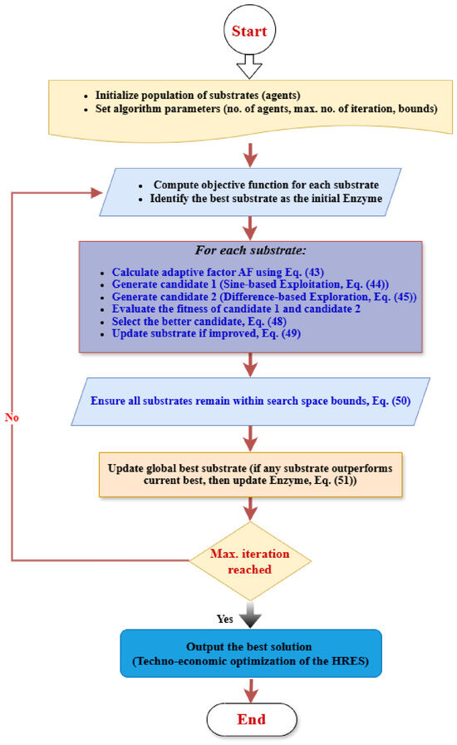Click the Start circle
249,31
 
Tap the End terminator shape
252,719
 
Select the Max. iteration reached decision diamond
250,561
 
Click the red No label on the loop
12,417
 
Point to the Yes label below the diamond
224,619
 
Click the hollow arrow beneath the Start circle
249,67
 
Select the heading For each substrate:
250,250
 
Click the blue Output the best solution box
251,654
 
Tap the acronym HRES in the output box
349,661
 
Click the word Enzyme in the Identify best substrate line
362,198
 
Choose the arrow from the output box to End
250,690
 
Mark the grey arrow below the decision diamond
250,614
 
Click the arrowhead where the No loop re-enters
97,192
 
